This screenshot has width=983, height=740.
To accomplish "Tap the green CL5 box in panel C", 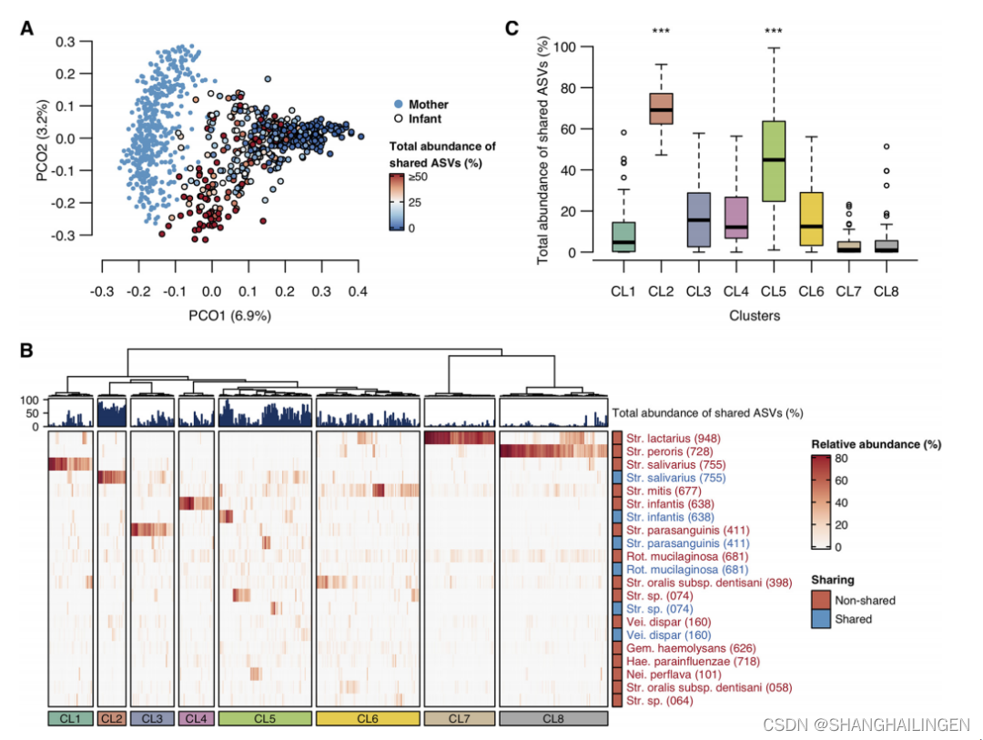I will coord(773,160).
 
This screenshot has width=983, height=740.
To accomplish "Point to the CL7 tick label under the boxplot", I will coord(848,291).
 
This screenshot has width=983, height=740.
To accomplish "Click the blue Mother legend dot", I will coord(398,105).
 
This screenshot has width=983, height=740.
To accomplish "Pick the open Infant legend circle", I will coord(398,118).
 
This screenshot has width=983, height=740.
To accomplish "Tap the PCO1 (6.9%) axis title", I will coord(229,315).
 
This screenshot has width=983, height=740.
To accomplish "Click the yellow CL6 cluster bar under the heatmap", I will coord(368,719).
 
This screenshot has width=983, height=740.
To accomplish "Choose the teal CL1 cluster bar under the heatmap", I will coord(69,719).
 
